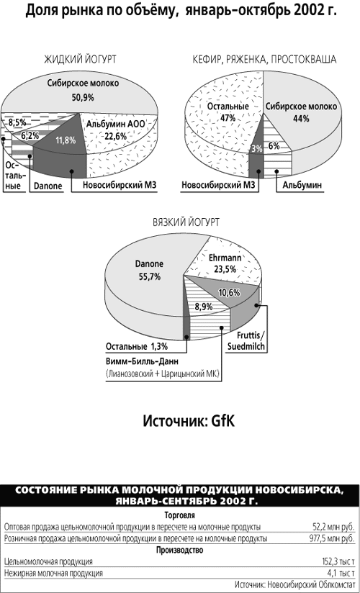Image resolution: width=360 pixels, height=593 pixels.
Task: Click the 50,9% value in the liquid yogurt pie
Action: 83,98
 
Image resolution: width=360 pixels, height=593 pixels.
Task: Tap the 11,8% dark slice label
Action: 66,140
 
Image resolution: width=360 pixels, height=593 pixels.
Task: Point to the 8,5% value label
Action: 18,122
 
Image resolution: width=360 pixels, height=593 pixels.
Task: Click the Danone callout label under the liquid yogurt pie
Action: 48,186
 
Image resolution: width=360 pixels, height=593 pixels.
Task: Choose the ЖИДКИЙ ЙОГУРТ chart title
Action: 80,59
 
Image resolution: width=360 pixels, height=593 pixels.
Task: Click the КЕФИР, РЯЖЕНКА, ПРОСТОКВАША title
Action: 264,60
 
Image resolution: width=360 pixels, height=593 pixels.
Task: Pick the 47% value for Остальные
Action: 228,118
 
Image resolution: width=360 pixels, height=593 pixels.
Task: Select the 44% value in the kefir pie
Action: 301,118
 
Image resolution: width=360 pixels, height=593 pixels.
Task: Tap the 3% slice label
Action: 256,149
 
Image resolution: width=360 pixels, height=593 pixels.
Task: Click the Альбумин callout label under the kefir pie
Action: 302,186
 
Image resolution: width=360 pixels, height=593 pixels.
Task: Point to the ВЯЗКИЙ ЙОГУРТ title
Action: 186,222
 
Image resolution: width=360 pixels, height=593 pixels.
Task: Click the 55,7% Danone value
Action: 149,277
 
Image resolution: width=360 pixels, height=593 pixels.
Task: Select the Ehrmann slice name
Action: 225,258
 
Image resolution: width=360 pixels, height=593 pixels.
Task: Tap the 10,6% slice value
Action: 230,292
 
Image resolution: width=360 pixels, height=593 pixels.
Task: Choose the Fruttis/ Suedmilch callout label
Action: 246,340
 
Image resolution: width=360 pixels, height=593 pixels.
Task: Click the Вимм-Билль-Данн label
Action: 142,361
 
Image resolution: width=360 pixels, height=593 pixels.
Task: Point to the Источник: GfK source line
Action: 189,421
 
